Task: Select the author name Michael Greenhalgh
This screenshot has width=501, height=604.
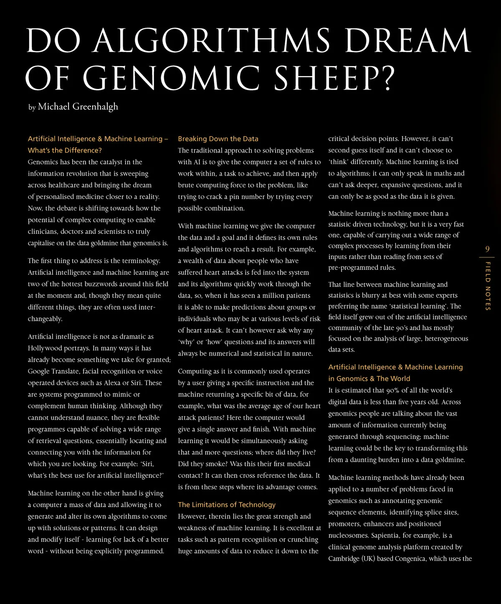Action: point(78,107)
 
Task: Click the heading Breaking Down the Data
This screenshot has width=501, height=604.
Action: point(218,139)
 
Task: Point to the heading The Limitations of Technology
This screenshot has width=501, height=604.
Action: point(227,505)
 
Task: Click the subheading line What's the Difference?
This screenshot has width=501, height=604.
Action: point(65,150)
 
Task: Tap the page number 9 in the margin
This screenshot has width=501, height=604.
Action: point(487,249)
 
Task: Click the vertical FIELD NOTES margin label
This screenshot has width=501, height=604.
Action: point(488,286)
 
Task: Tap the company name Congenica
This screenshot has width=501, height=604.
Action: point(410,558)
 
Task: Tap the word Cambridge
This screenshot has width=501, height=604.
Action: point(344,558)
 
